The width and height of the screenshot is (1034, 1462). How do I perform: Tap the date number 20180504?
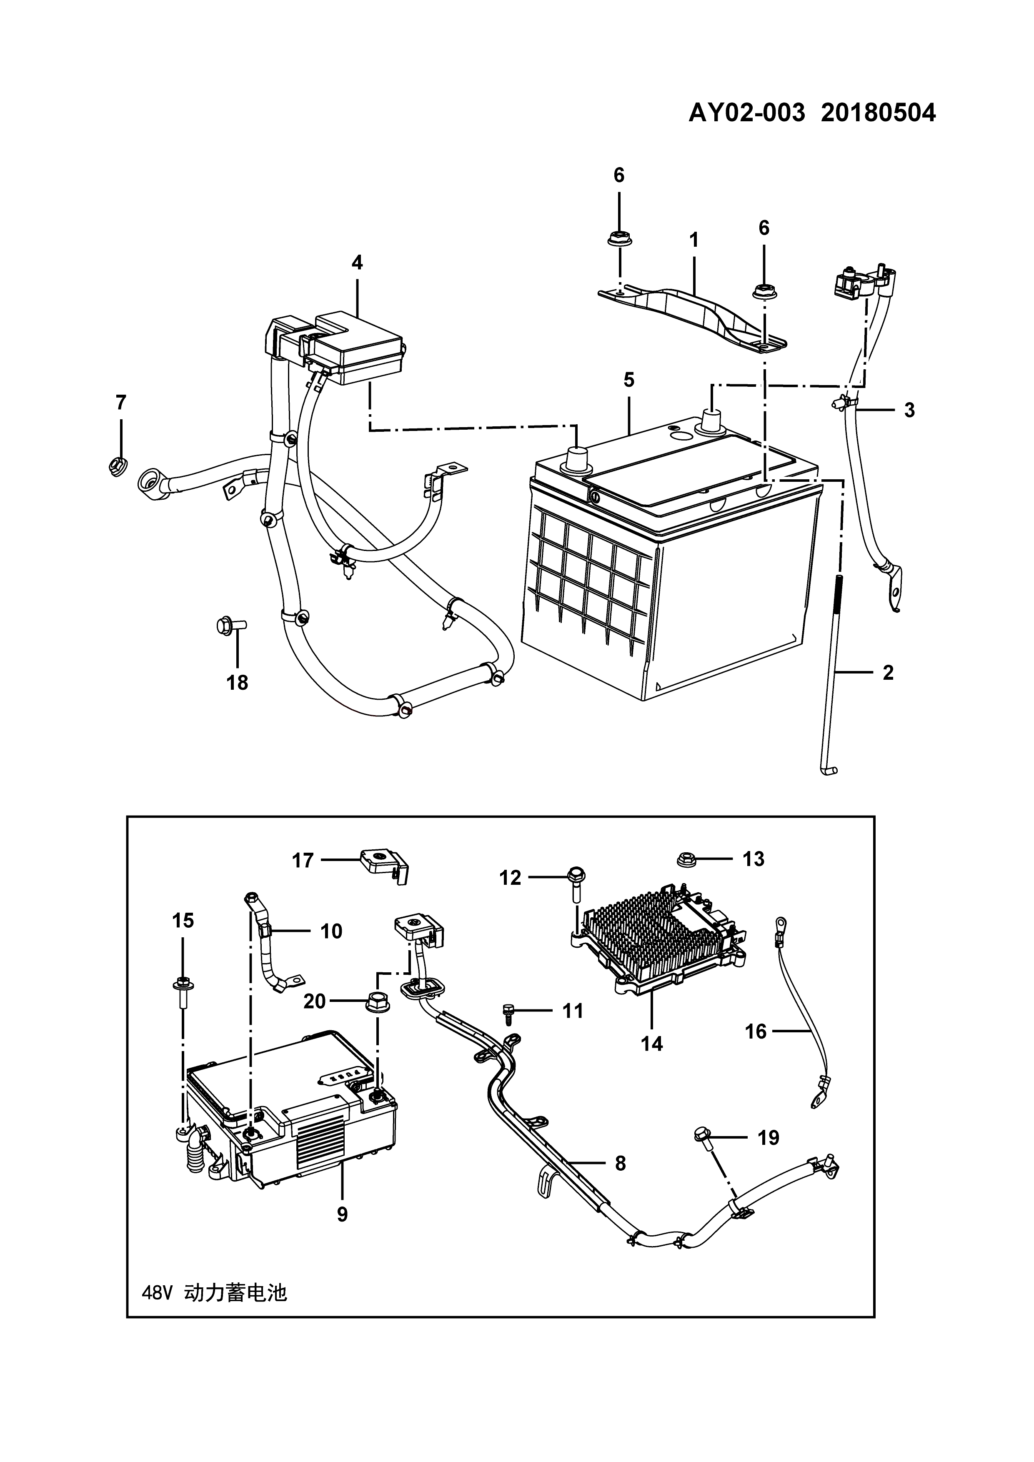tap(878, 113)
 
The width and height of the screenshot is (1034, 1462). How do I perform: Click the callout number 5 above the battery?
tap(629, 380)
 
